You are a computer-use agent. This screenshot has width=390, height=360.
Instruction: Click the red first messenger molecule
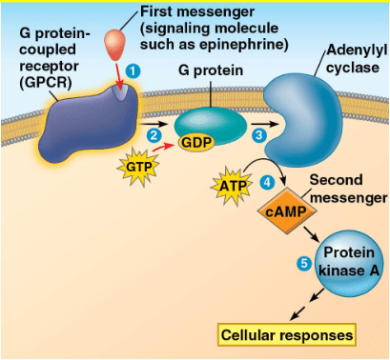point(114,45)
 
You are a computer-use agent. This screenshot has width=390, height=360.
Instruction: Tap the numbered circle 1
point(133,71)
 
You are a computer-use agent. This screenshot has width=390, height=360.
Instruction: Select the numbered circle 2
point(154,135)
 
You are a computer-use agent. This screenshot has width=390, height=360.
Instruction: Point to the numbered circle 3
point(258,135)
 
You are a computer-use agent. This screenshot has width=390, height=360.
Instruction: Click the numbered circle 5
point(304,263)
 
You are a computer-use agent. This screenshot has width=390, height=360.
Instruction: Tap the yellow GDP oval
point(196,142)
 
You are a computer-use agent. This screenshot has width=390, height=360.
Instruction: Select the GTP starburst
point(138,167)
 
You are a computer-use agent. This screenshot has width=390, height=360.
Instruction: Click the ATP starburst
point(233,186)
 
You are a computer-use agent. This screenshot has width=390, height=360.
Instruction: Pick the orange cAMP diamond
point(287,211)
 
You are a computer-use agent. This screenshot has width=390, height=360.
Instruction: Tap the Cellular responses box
point(287,335)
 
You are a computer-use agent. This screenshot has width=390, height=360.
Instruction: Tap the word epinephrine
point(241,45)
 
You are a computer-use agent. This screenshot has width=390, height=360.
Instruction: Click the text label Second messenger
point(348,189)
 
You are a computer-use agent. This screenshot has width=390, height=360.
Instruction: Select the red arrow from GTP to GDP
point(164,147)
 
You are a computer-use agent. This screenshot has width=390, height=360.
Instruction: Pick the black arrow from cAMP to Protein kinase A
point(311,234)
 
